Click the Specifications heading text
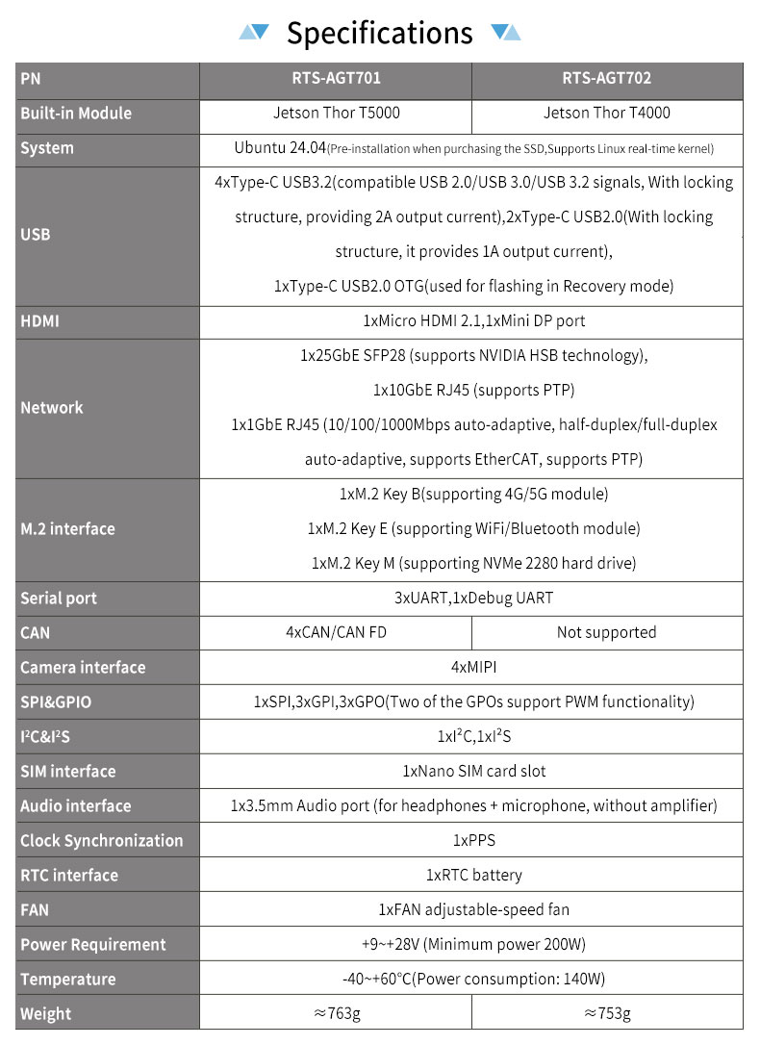380,34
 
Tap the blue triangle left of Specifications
254,32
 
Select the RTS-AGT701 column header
335,79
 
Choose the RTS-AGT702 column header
607,79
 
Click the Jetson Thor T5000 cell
335,114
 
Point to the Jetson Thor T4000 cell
607,114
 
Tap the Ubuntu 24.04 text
279,148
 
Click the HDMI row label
39,321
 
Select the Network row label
52,408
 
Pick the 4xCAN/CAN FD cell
335,633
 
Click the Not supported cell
607,633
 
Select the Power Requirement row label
92,945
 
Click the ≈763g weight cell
335,1014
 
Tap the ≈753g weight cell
607,1014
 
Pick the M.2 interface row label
67,529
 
